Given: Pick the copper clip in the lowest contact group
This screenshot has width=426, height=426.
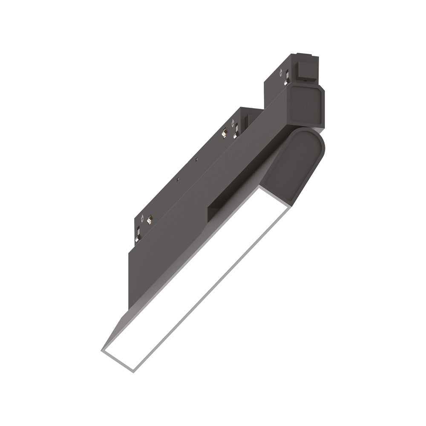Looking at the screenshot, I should coord(150,220).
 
